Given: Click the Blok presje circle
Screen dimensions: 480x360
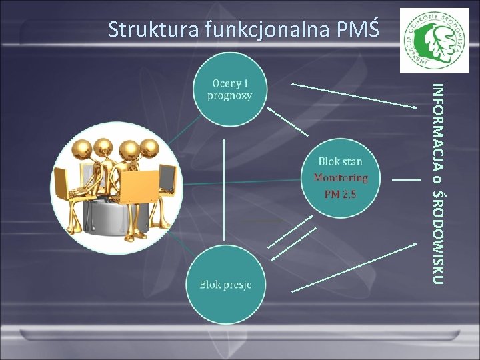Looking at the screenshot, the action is click(225, 284).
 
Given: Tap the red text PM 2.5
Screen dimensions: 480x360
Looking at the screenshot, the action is click(340, 194).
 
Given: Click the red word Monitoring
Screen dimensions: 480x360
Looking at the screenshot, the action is click(340, 178).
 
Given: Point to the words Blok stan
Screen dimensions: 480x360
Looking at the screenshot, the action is click(340, 161).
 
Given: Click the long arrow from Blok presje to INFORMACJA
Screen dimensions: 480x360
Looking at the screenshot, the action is click(354, 267).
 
